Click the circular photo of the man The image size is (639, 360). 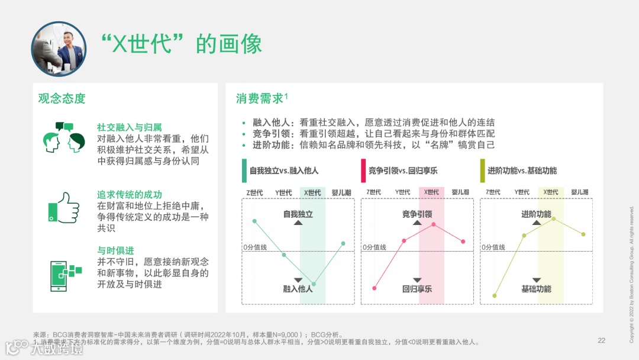59,49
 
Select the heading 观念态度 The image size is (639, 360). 62,98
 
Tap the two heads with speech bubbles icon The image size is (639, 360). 64,139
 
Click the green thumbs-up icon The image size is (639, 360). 63,207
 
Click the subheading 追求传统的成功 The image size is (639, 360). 129,194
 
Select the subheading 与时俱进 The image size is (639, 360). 115,250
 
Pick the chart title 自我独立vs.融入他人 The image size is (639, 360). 284,171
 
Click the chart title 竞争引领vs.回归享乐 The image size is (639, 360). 403,171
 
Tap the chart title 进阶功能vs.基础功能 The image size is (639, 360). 522,171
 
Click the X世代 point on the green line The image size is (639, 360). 314,284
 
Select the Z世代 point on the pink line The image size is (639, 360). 375,288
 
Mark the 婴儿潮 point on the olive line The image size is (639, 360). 583,234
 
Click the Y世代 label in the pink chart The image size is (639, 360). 402,192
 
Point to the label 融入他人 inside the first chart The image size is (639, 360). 298,289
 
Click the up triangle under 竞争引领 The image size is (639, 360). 417,223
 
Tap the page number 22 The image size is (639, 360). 602,340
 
